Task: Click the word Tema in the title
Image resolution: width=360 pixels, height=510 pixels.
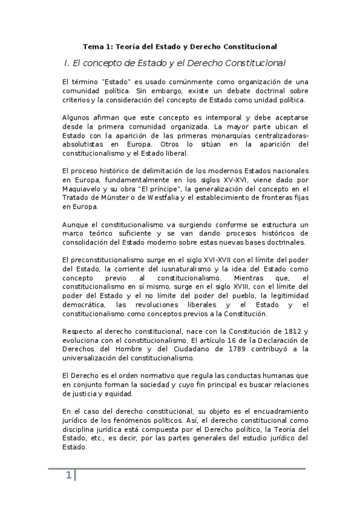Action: point(92,46)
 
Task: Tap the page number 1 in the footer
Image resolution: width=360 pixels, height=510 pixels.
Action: point(69,476)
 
